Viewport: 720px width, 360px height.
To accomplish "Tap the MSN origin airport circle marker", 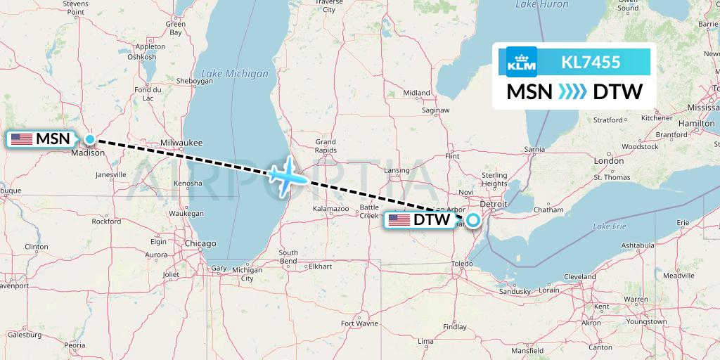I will coord(90,139).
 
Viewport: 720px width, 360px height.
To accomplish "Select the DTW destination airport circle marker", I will coord(472,221).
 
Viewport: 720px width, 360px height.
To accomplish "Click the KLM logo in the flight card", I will coord(521,63).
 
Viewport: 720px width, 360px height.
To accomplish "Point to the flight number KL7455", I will coord(591,63).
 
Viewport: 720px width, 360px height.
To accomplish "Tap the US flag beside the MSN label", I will coord(21,139).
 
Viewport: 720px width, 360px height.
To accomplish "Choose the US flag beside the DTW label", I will coord(399,221).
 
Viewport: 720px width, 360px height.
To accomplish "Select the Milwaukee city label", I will coord(181,142).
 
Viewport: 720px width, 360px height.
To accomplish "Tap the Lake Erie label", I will coord(609,226).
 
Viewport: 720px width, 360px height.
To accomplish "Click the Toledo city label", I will coord(462,262).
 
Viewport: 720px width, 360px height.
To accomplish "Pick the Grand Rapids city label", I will coord(325,146).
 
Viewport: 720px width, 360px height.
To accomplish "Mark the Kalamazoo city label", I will coord(332,209).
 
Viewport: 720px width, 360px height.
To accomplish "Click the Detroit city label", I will coord(493,203).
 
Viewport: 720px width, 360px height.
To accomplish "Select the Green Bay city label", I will coord(175,28).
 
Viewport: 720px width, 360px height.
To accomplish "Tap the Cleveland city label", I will coord(580,276).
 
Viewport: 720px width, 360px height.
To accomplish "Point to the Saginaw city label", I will coord(436,110).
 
